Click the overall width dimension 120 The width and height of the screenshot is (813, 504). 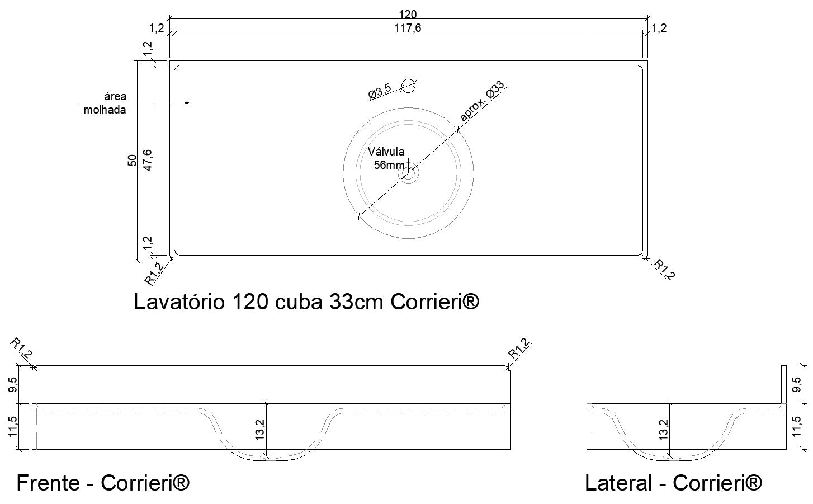pos(408,14)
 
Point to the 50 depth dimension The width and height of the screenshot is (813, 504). pos(133,161)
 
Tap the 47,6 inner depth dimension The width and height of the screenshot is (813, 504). pos(148,160)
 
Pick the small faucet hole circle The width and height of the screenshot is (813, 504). pos(409,85)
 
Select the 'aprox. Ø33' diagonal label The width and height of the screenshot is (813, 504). pos(481,101)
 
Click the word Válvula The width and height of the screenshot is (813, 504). pos(386,152)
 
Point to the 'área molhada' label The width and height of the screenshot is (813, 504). pos(106,103)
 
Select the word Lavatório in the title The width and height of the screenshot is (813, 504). pos(179,302)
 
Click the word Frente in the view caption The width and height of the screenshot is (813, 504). pos(48,483)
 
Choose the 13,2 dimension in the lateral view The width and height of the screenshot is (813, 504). pos(664,430)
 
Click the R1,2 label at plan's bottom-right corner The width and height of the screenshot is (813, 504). pos(665,270)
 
